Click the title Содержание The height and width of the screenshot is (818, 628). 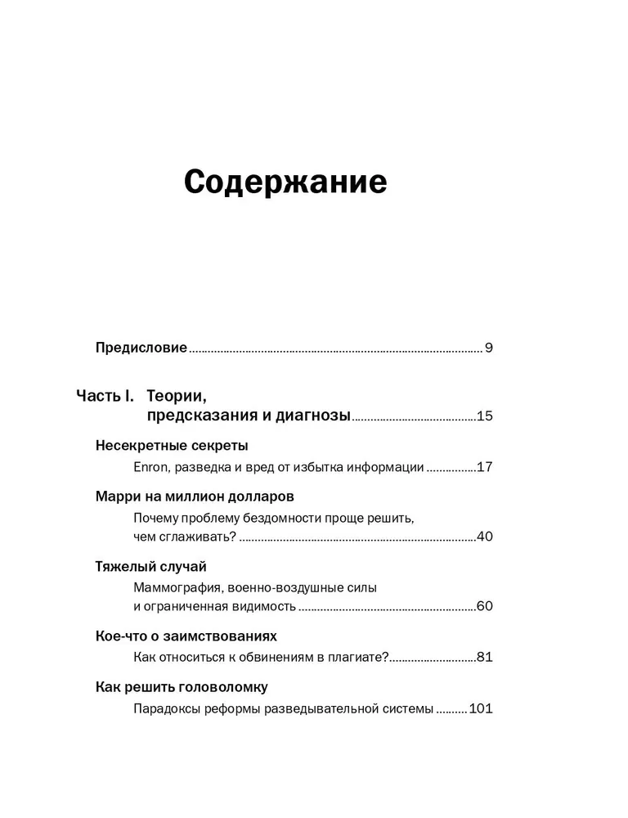tap(285, 182)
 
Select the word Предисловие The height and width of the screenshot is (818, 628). tap(141, 348)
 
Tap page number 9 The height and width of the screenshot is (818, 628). tap(488, 348)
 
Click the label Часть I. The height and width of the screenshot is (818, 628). tap(105, 396)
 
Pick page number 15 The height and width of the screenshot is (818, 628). tap(484, 416)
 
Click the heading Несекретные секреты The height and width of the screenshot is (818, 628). tap(171, 446)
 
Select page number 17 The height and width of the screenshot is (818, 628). tap(484, 468)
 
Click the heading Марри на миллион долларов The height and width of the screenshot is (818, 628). tap(195, 497)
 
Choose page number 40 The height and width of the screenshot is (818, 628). tap(484, 537)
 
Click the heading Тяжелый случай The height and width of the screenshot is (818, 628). tap(150, 566)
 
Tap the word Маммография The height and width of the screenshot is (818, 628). tap(180, 587)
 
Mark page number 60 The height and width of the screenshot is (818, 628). tap(484, 607)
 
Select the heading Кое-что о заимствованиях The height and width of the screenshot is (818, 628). tap(186, 636)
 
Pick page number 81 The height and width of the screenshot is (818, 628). tap(484, 657)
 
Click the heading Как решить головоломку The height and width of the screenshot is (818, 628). tap(182, 686)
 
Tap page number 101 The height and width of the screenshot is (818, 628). tap(481, 708)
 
